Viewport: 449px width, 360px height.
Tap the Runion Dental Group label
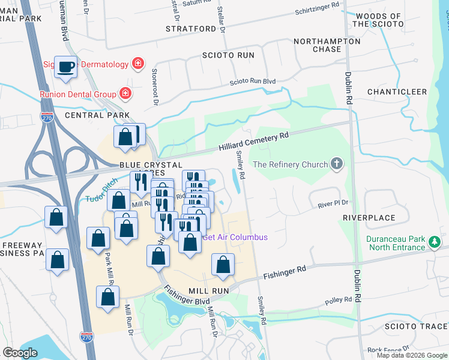(78, 94)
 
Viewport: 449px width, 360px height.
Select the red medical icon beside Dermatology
(138, 64)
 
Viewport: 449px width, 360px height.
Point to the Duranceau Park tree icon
(434, 242)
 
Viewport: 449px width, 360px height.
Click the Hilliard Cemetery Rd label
(253, 140)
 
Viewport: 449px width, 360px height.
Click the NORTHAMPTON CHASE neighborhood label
(327, 45)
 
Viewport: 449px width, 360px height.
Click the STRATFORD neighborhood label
(191, 29)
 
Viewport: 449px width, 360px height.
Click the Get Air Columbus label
(235, 237)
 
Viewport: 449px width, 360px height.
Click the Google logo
(20, 352)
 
